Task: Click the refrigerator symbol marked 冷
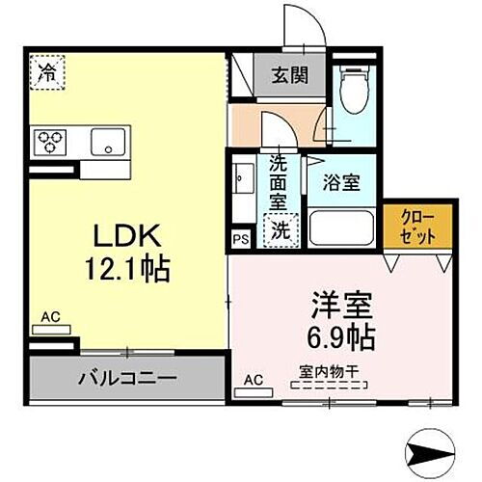pos(45,72)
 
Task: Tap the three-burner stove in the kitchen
pos(50,143)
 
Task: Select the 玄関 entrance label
pos(288,72)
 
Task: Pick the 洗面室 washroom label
pos(278,188)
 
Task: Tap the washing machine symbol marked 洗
pos(279,230)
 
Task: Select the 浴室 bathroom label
pos(342,181)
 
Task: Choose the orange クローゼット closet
pos(419,228)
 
